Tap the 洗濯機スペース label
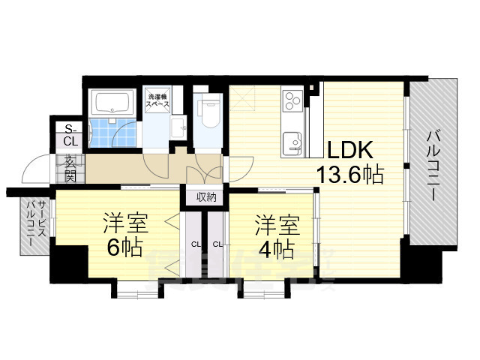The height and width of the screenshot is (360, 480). [158, 100]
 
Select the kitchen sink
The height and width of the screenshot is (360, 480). [291, 139]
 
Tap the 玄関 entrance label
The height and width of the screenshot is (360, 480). [70, 169]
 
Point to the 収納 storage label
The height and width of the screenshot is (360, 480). [206, 197]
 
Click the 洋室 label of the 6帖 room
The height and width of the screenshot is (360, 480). [125, 223]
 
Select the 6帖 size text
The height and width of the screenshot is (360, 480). [124, 248]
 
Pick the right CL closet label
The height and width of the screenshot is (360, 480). [217, 244]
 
